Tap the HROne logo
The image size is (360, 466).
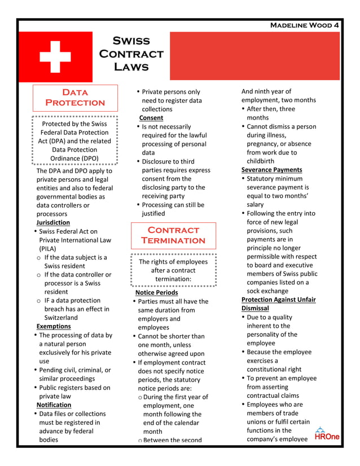(x=327, y=434)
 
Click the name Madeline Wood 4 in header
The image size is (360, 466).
(x=305, y=25)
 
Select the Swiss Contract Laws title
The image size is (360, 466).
(x=131, y=54)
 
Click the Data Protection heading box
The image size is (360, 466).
(x=75, y=98)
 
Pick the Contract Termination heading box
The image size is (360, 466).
(x=173, y=235)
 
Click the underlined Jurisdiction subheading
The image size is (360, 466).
(x=53, y=223)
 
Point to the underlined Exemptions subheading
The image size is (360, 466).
(x=54, y=326)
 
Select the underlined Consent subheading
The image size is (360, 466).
(x=151, y=118)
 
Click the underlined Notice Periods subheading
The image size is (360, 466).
(x=156, y=292)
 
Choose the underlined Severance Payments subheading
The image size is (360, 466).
(x=271, y=170)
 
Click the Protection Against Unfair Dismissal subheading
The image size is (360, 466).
(x=278, y=304)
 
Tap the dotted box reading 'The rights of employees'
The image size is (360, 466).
(x=173, y=270)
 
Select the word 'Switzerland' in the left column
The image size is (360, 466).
(x=62, y=318)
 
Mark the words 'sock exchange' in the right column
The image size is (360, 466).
(x=267, y=291)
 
